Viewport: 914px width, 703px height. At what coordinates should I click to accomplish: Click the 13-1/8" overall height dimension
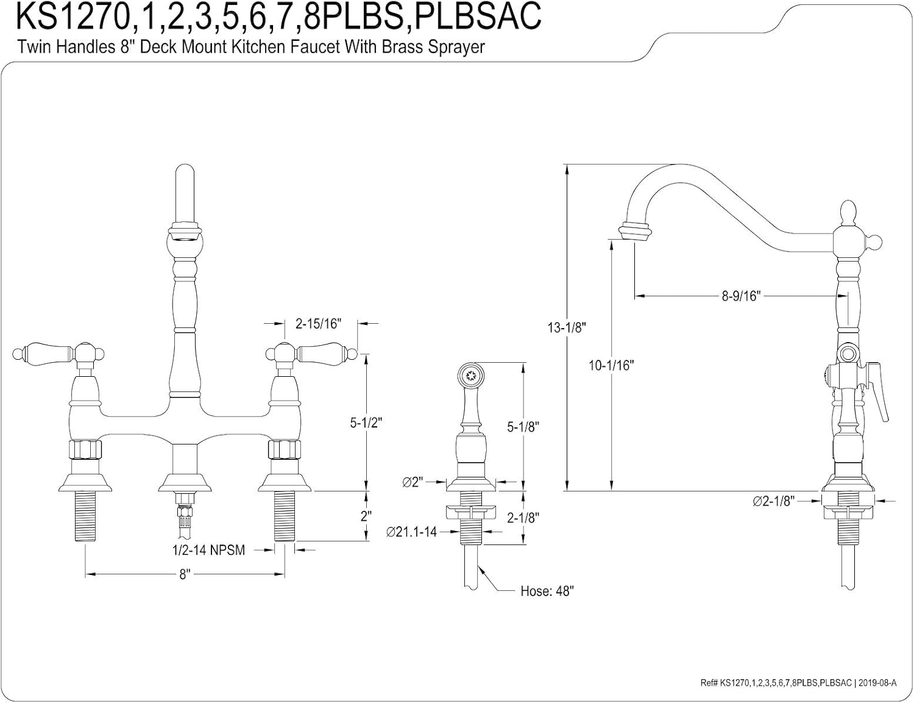tap(566, 327)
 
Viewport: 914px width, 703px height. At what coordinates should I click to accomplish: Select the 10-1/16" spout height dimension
tap(611, 365)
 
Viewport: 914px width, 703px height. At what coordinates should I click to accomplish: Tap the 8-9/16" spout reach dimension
tap(740, 296)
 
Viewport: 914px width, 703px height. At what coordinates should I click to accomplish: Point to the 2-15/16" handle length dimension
tap(317, 324)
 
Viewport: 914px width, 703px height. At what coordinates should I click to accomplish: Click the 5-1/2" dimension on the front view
tap(366, 423)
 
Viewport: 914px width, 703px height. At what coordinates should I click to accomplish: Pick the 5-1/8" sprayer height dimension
tap(523, 427)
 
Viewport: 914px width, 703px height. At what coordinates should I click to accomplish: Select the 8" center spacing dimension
tap(185, 574)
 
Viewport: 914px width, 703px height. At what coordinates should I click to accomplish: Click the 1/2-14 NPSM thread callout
tap(208, 550)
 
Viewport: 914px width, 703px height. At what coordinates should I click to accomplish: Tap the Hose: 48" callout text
tap(547, 591)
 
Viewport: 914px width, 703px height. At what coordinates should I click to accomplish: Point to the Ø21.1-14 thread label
tap(411, 532)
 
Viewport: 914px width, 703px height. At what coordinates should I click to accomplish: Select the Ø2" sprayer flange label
tap(413, 482)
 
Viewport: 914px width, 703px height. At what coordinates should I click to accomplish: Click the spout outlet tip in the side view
tap(634, 232)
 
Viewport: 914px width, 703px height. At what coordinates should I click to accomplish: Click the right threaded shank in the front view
tap(285, 516)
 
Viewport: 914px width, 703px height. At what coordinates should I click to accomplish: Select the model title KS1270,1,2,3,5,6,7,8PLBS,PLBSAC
tap(278, 17)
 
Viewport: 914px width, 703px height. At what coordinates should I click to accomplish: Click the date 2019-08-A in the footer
tap(877, 683)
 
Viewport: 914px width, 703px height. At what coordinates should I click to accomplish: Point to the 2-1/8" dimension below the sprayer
tap(523, 518)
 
